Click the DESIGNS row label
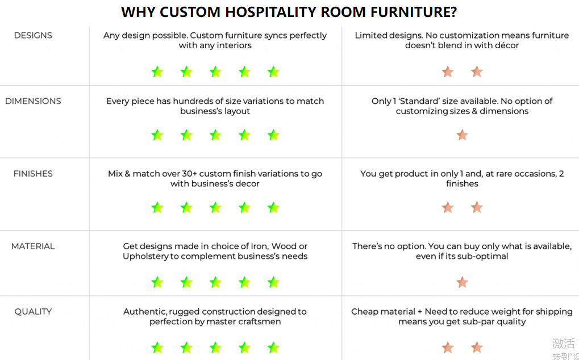tap(33, 35)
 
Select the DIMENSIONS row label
tap(33, 101)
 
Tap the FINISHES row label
tap(33, 174)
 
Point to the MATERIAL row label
tap(33, 246)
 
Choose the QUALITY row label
tap(33, 312)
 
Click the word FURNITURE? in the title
tap(414, 12)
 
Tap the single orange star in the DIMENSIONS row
tap(463, 135)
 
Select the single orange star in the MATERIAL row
tap(463, 283)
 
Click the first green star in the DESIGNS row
tap(157, 72)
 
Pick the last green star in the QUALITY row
tap(273, 348)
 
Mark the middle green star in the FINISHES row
tap(215, 208)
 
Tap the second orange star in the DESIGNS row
tap(477, 72)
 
